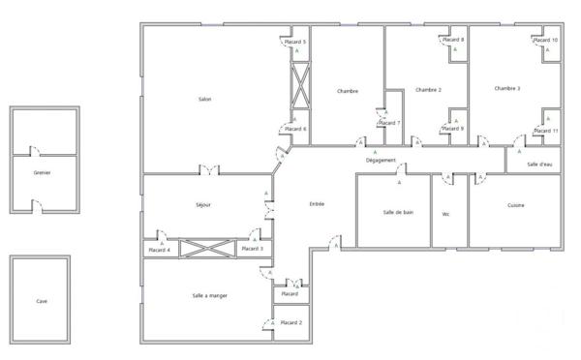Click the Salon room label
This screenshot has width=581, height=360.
coord(204,100)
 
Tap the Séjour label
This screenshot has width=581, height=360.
coord(202,205)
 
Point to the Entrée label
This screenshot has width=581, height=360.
coord(317,204)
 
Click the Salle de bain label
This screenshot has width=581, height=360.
coord(398,212)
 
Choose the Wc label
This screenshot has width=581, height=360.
coord(446,214)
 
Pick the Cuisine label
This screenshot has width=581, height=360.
coord(516,205)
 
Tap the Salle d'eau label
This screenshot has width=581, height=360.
coord(539,164)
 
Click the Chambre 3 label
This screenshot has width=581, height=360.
coord(507,89)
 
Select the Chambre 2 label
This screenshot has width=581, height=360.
coord(428,90)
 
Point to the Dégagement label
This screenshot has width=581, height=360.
coord(382,160)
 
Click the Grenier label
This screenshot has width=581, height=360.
coord(41,172)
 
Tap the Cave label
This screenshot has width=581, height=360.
coord(42,301)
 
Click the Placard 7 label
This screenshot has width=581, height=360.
coord(389,123)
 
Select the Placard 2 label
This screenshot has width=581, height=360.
coord(291,322)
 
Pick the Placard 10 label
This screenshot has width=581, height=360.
coord(547,40)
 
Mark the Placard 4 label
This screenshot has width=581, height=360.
coord(159,250)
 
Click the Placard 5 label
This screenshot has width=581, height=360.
coord(294,43)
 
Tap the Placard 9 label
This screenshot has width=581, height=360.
coord(453,129)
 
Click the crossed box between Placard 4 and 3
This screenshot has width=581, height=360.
coord(204,249)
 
